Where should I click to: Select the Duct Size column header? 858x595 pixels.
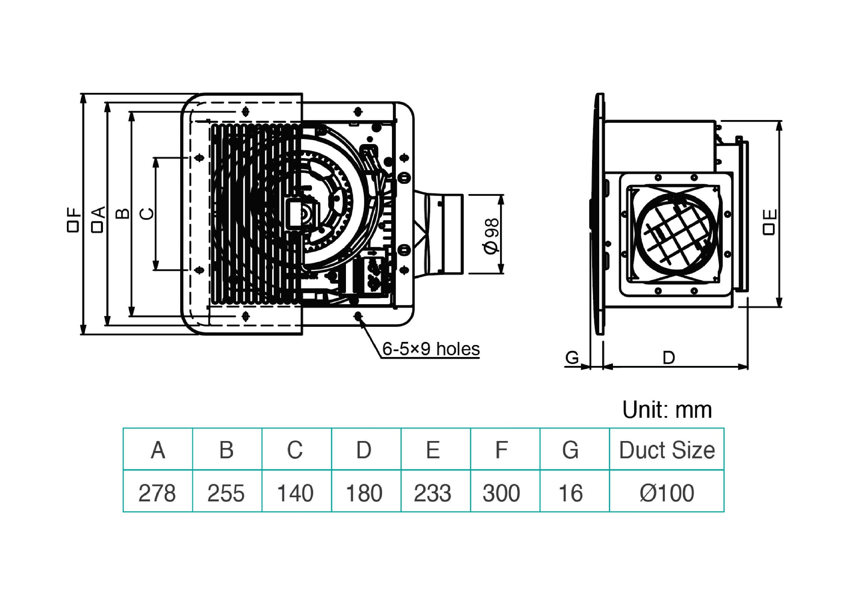point(666,450)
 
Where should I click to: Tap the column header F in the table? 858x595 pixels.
point(502,450)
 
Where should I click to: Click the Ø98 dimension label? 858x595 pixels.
point(491,236)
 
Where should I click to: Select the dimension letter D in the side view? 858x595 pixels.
point(669,358)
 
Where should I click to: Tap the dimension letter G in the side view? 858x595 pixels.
point(572,358)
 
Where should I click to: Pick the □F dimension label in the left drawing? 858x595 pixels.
point(73,220)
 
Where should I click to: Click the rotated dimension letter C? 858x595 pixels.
point(147,214)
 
